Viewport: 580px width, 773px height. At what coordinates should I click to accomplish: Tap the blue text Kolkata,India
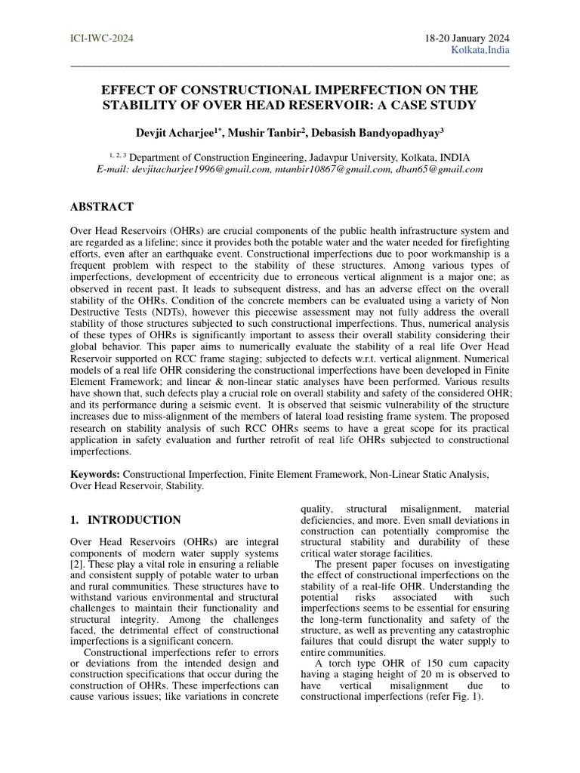click(480, 51)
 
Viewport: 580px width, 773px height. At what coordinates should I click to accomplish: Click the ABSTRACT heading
click(102, 207)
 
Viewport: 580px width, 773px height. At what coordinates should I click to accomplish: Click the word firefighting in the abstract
click(480, 242)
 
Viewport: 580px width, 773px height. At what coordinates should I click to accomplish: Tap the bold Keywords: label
click(95, 474)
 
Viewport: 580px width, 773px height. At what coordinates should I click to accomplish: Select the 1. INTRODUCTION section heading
click(125, 520)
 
